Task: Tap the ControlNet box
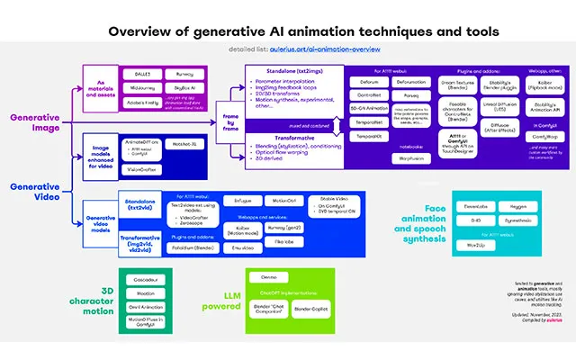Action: pos(370,94)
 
